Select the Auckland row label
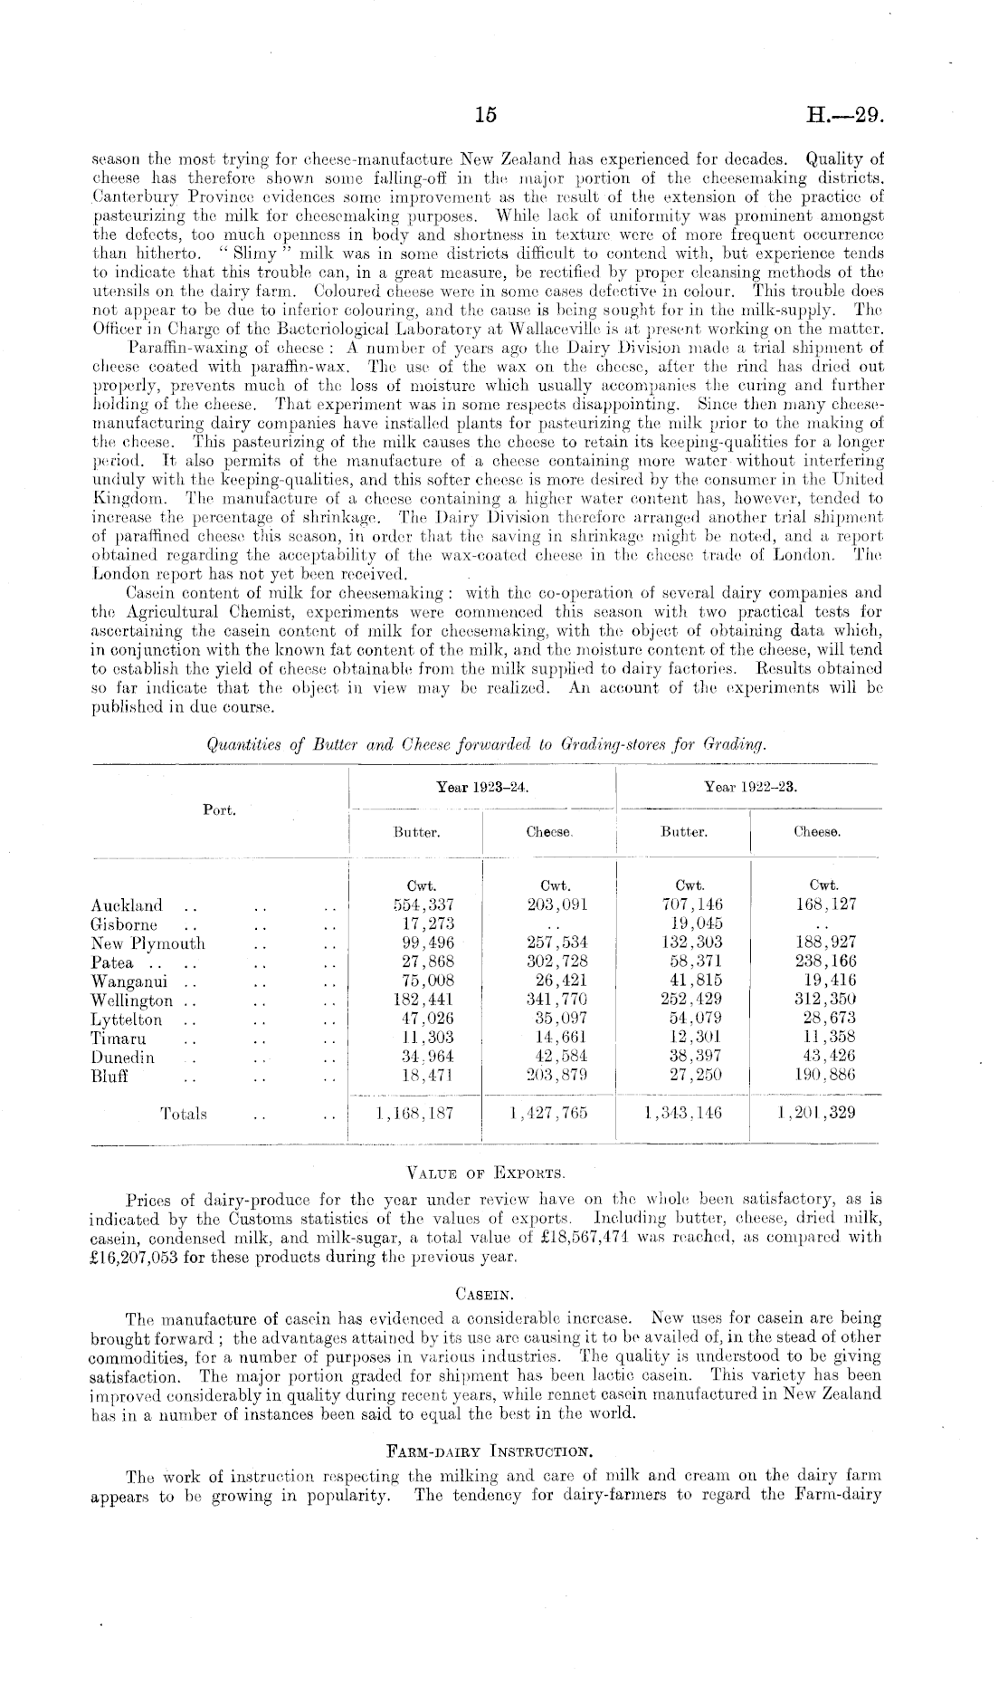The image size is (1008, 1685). pos(128,905)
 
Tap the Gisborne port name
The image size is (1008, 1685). pos(124,924)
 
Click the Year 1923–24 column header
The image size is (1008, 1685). pos(482,787)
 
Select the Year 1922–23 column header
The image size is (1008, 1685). pos(751,787)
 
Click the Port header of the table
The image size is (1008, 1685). pos(219,810)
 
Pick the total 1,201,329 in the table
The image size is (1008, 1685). pos(816,1113)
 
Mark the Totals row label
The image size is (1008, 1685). pos(184,1114)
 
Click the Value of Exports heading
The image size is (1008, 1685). pos(487,1174)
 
